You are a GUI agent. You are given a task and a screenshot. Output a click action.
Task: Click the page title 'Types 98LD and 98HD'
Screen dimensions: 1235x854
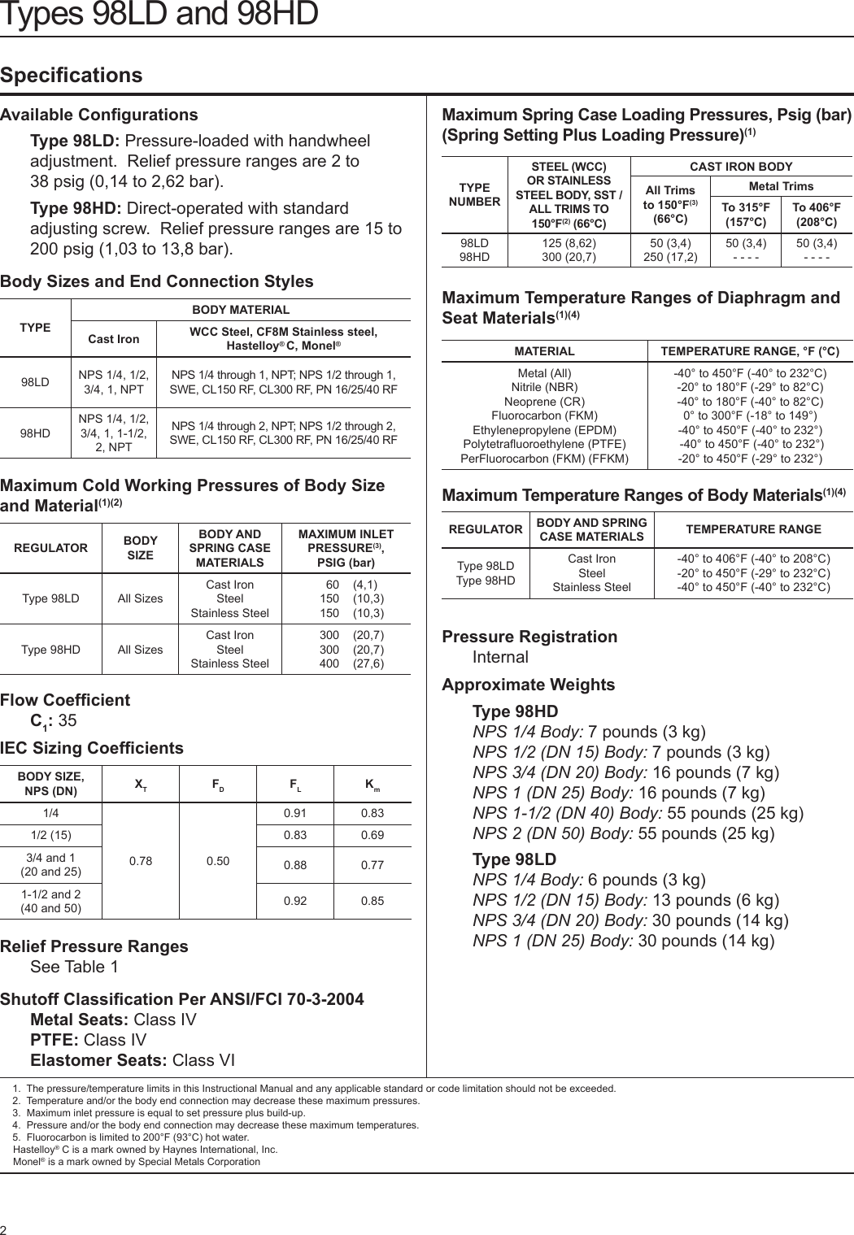coord(159,14)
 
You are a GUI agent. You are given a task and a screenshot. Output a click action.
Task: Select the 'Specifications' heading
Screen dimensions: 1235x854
coord(72,76)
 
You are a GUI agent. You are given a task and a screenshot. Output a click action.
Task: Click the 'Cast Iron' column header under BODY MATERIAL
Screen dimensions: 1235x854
coord(114,339)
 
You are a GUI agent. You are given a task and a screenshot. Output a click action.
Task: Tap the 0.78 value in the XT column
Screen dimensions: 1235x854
coord(141,861)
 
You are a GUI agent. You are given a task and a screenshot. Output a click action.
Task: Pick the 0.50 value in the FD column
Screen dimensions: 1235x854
coord(218,861)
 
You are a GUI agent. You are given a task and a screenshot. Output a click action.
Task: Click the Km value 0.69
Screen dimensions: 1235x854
coord(373,835)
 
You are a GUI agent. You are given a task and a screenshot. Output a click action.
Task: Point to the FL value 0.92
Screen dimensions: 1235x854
coord(295,901)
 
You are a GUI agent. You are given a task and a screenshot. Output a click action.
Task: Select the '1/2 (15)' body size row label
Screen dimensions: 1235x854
coord(50,835)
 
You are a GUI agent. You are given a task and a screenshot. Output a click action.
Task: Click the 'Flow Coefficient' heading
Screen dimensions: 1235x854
coord(65,700)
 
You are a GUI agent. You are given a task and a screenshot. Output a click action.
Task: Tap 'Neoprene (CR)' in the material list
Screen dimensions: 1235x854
coord(544,402)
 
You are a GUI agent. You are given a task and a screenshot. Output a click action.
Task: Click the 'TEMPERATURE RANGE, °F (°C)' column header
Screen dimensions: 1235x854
coord(750,351)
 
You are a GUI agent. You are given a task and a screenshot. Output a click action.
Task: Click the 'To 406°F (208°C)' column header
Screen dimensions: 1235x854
coord(817,215)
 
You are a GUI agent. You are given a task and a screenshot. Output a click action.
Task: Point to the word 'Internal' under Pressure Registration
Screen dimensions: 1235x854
coord(500,657)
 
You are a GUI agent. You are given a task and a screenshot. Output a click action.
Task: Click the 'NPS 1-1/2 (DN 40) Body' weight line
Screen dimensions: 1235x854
coord(638,813)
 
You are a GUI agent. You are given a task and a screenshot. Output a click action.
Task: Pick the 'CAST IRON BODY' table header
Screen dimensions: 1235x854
coord(741,167)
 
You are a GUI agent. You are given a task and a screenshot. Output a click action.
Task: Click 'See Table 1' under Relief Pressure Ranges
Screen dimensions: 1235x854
coord(74,967)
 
